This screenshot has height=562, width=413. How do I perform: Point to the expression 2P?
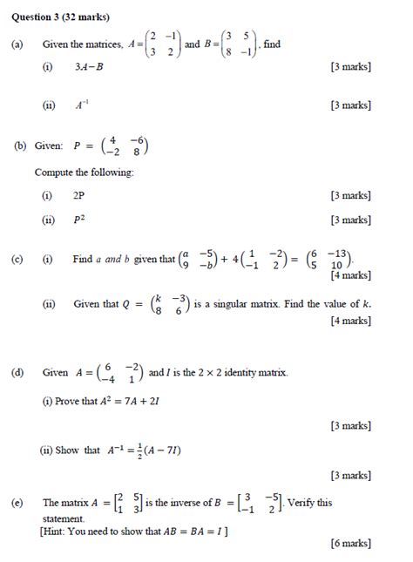(x=80, y=197)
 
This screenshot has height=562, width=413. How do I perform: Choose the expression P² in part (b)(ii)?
(x=80, y=220)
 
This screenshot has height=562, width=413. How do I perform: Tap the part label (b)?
(x=20, y=148)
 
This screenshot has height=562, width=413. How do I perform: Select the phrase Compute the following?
(x=84, y=173)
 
